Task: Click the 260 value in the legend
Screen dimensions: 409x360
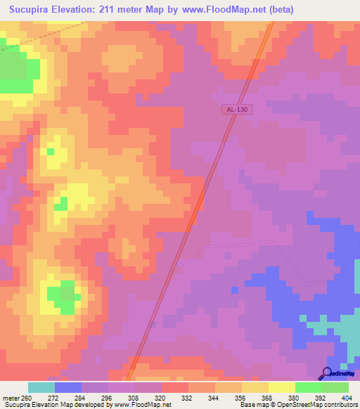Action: click(27, 398)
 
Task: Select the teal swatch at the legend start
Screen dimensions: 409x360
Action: click(41, 387)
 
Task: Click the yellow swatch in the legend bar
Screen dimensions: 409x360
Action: click(281, 387)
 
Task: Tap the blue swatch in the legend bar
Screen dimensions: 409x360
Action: click(67, 387)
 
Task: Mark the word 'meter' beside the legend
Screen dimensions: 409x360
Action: click(11, 398)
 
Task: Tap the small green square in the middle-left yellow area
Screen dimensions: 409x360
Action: click(61, 204)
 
